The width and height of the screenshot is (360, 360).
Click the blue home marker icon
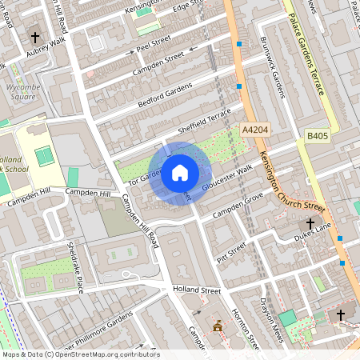(180, 173)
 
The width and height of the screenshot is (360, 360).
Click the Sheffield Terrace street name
(203, 121)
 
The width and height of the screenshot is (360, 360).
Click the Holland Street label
(196, 290)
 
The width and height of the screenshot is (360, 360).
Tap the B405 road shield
(317, 137)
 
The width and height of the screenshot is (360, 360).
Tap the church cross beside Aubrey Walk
(35, 36)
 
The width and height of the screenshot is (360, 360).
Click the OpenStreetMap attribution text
(77, 354)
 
